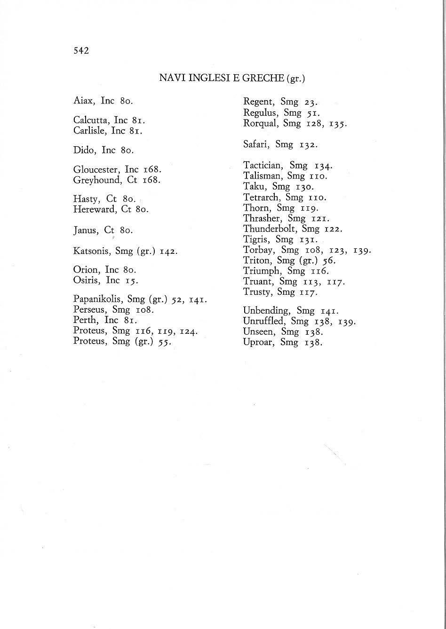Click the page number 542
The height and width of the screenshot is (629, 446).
[x=81, y=51]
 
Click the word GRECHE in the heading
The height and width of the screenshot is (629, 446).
[x=263, y=78]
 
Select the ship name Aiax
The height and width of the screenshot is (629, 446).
[x=84, y=101]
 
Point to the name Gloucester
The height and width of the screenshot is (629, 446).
[x=96, y=169]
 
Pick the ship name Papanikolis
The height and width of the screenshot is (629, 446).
[x=98, y=299]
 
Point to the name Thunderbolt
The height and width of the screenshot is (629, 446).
[x=270, y=229]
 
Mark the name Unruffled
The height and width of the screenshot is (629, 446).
[x=263, y=322]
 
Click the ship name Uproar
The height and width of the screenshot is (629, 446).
[x=258, y=342]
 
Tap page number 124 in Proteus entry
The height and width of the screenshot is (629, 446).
[x=189, y=331]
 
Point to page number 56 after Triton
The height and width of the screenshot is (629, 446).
[x=328, y=260]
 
